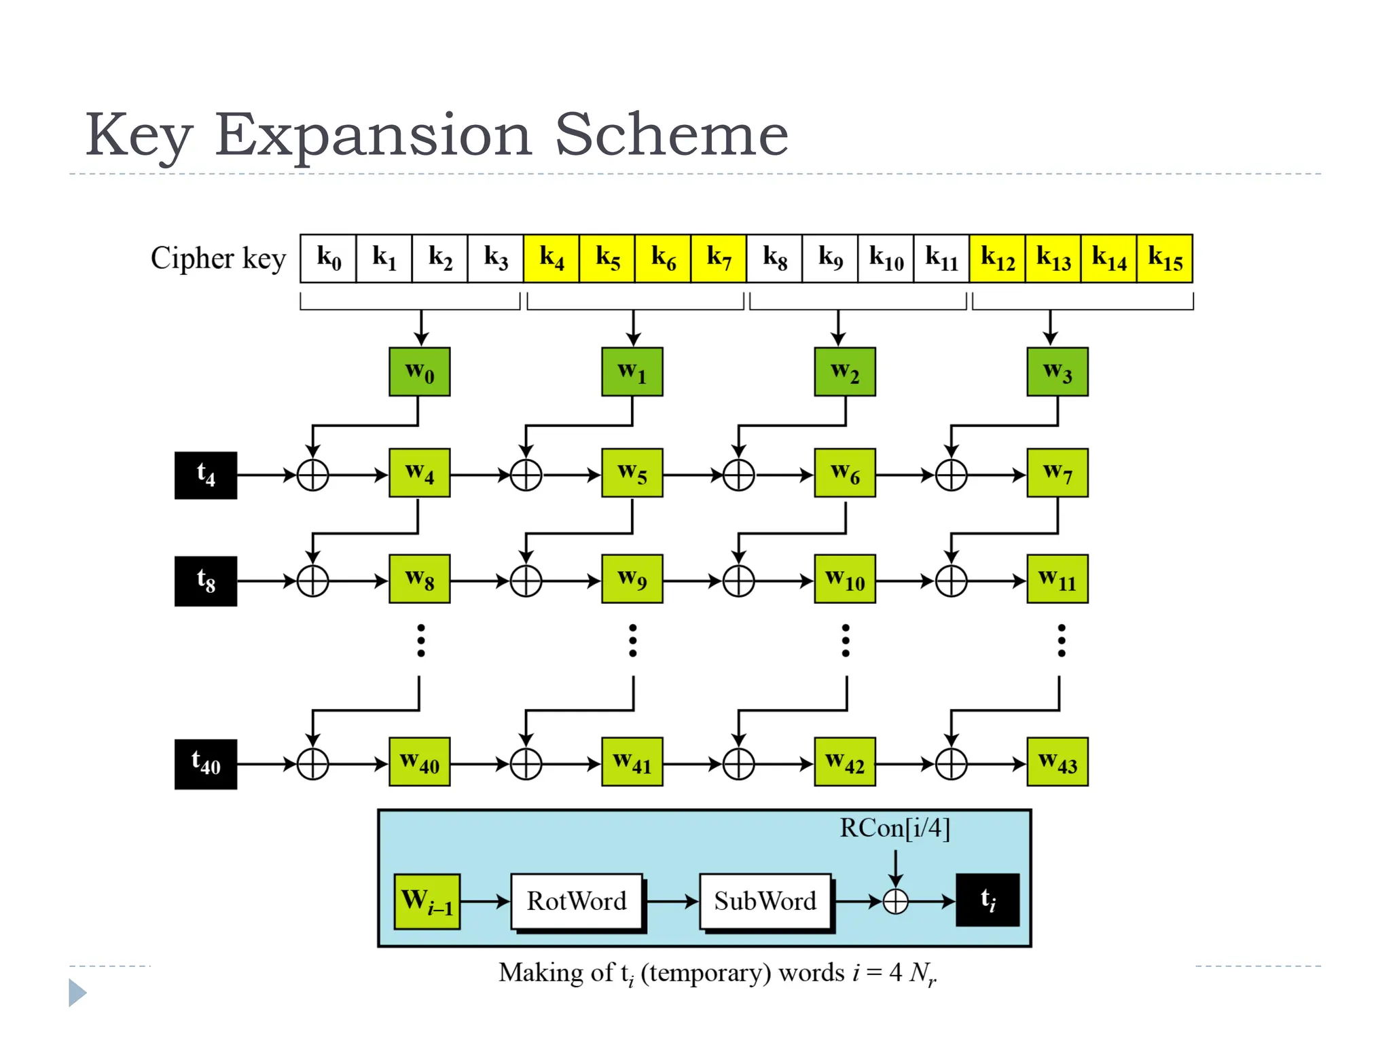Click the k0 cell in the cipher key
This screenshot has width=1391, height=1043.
click(x=328, y=258)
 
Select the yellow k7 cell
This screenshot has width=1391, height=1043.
click(x=719, y=258)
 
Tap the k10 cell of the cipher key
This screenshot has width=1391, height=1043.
click(x=886, y=258)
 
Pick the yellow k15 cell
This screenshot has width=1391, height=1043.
click(x=1165, y=258)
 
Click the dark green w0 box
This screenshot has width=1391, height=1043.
click(x=419, y=371)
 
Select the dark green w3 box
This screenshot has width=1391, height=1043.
click(x=1058, y=371)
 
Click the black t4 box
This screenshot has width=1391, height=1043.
click(x=206, y=475)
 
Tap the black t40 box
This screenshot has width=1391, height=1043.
click(x=206, y=764)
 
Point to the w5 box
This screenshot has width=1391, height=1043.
click(x=632, y=473)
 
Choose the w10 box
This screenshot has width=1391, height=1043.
click(x=845, y=579)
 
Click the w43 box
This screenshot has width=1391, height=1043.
click(x=1058, y=762)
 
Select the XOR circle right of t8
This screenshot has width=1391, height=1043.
click(x=313, y=581)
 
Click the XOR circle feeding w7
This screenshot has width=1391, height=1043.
click(x=951, y=475)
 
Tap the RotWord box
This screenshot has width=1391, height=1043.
click(x=577, y=901)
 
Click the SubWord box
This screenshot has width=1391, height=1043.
click(x=765, y=901)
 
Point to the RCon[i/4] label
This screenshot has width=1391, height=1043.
click(x=895, y=828)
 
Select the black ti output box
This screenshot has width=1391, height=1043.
click(x=988, y=900)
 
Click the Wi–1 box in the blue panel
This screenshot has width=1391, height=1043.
click(x=427, y=901)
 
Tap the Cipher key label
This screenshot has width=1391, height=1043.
click(x=218, y=258)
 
